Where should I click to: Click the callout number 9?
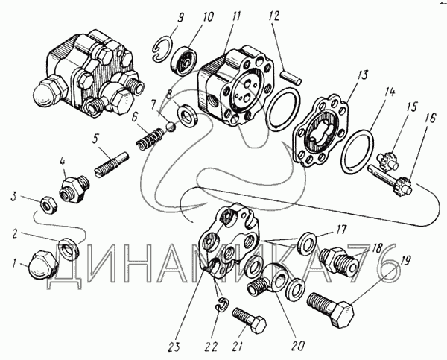180,19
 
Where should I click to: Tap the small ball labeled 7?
171,127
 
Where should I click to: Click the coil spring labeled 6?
150,139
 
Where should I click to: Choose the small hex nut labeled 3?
48,206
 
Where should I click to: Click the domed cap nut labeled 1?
42,265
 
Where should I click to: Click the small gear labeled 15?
387,161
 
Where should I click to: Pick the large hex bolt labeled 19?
331,308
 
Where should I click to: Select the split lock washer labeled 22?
221,306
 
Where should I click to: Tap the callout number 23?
174,347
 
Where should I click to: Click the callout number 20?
297,346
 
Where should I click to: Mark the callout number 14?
389,93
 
